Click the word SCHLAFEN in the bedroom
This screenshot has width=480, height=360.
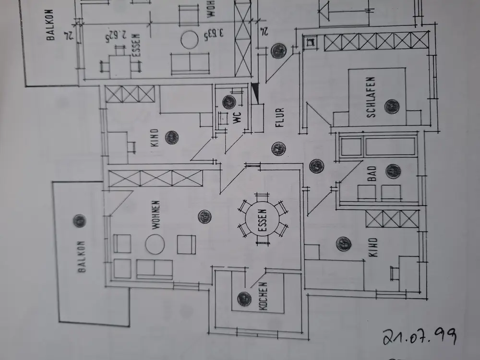371,97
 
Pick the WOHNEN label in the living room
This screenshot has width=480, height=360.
156,216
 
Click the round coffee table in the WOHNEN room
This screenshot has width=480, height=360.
155,244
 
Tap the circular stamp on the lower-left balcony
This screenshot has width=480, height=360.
79,221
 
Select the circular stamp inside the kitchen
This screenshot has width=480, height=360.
244,299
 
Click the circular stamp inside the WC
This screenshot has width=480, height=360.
229,102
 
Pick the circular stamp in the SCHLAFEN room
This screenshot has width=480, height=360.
392,106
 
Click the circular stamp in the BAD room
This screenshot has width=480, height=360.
393,171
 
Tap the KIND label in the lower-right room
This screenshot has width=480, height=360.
373,248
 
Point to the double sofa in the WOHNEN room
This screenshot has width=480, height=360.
155,269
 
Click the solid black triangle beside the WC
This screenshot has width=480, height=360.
255,93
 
